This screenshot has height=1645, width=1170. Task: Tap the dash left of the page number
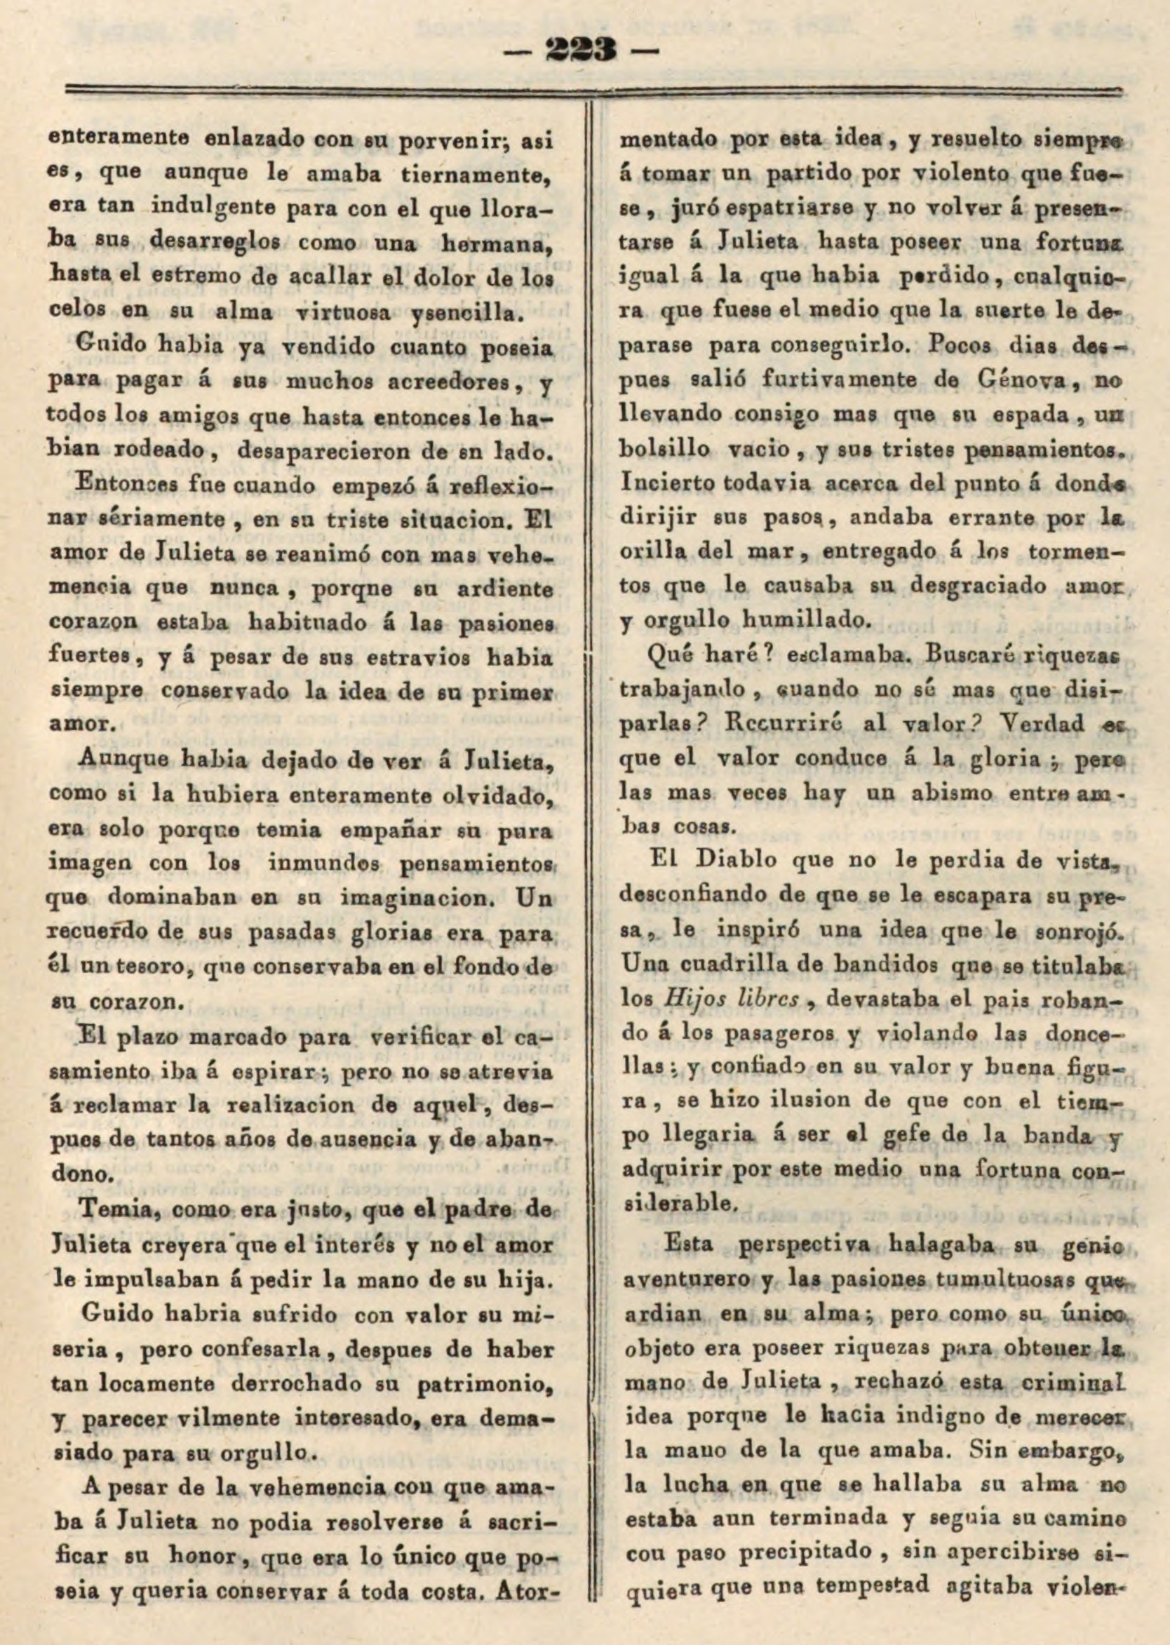[533, 52]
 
